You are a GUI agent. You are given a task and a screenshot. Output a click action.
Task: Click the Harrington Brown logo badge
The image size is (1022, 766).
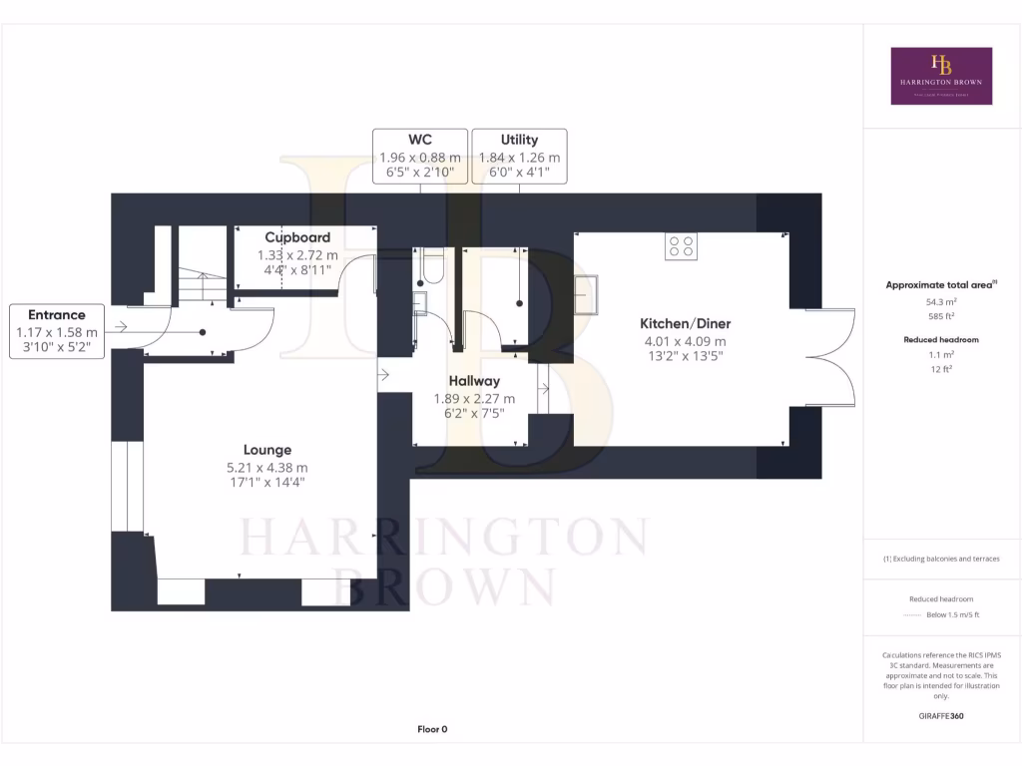tap(941, 76)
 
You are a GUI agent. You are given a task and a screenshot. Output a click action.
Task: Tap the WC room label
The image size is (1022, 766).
tap(419, 140)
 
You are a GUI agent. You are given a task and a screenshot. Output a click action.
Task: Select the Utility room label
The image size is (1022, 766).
tap(519, 140)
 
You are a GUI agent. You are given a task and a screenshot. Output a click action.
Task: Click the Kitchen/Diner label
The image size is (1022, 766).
tap(685, 323)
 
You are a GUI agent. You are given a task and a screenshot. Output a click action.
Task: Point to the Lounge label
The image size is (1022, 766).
tap(267, 450)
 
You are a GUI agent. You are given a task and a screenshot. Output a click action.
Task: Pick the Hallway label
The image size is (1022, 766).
tap(474, 381)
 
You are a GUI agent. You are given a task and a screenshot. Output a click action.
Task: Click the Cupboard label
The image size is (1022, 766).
tap(297, 237)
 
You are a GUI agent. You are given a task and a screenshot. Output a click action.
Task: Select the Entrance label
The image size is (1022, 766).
tap(57, 314)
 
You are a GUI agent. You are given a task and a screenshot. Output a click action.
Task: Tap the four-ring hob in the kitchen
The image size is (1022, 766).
tap(682, 246)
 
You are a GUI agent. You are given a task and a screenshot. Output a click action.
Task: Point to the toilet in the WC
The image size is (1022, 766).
tap(431, 265)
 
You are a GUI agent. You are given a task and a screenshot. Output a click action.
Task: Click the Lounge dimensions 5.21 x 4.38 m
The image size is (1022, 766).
tap(267, 467)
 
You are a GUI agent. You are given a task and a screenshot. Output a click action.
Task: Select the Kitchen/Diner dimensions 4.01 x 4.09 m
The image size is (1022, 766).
tap(685, 340)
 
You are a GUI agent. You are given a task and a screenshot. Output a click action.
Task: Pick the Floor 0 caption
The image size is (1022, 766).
tap(432, 729)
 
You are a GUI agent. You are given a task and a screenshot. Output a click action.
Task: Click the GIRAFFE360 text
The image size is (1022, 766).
tap(942, 716)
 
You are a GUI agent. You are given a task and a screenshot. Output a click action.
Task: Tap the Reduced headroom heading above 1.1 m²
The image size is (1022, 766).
tap(942, 339)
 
